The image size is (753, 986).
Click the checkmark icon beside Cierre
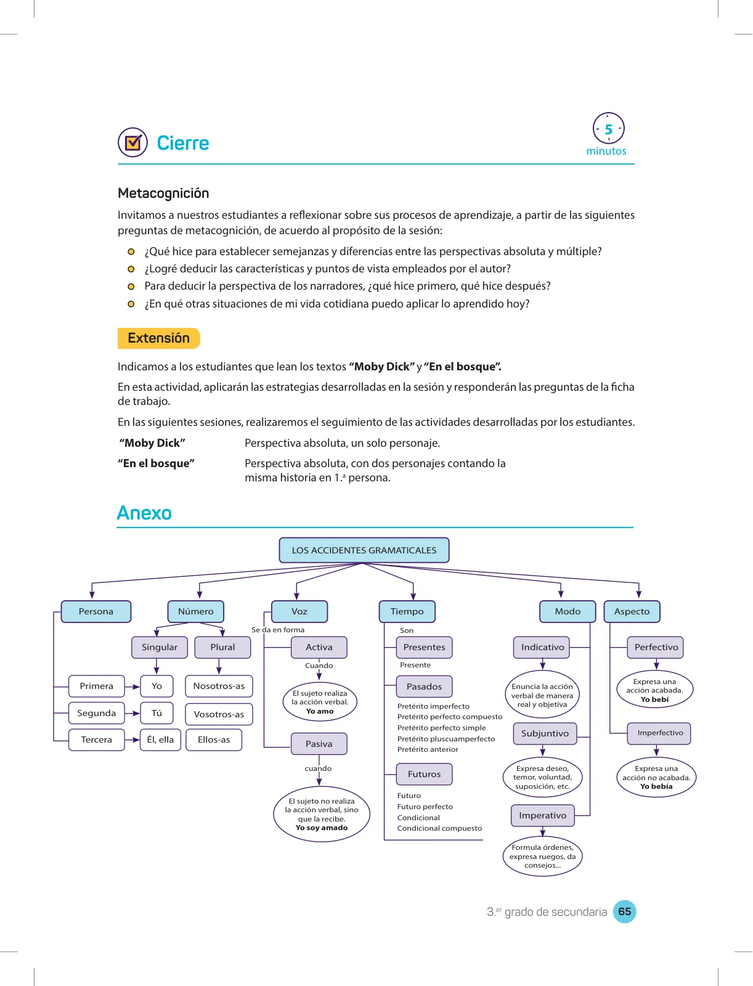(132, 142)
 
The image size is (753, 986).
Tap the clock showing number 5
(608, 128)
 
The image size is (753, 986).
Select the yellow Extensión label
(158, 338)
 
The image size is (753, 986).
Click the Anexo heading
(144, 513)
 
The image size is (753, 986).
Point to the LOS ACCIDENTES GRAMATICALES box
(364, 550)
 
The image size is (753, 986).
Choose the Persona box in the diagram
(96, 611)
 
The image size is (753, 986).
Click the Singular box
(160, 647)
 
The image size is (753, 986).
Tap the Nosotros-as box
(219, 686)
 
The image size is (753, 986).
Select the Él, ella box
(160, 739)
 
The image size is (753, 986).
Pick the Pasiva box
(319, 744)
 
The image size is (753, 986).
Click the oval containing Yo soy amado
(322, 814)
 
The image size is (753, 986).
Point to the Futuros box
(425, 774)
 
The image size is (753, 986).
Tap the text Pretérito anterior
(428, 749)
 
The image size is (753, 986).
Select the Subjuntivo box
(545, 733)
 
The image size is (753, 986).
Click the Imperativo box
(542, 815)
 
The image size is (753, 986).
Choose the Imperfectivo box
(659, 733)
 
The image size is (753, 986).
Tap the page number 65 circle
(624, 911)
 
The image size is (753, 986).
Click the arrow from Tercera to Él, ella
(132, 739)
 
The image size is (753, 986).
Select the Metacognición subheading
(163, 193)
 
